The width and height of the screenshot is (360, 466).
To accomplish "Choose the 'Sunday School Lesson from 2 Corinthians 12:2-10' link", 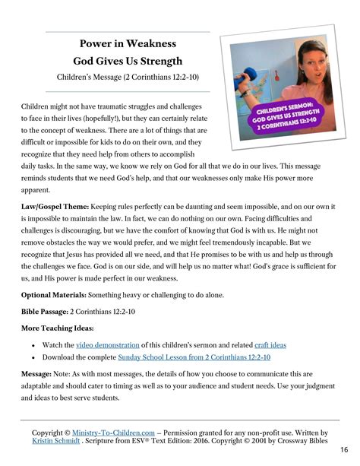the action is (x=194, y=357).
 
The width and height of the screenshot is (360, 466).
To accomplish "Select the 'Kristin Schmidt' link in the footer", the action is (x=56, y=440).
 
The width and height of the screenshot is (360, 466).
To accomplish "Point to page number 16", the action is (x=344, y=450).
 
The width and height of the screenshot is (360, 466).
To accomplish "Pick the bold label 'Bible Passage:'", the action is (x=44, y=311).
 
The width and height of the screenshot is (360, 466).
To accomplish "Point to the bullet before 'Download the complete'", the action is (x=34, y=357).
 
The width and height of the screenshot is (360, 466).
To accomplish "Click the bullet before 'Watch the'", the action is (x=34, y=344).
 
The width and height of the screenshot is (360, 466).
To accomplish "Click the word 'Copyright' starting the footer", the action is (x=46, y=432).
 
